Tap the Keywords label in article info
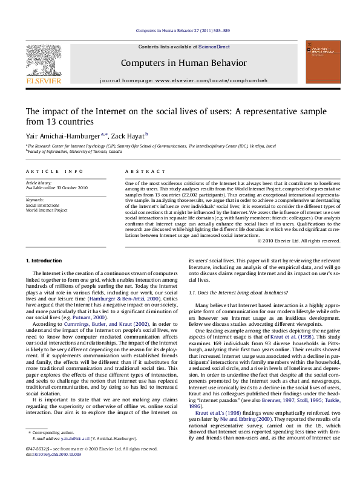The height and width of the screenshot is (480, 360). (x=34, y=199)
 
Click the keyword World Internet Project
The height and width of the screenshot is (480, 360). (x=46, y=209)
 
